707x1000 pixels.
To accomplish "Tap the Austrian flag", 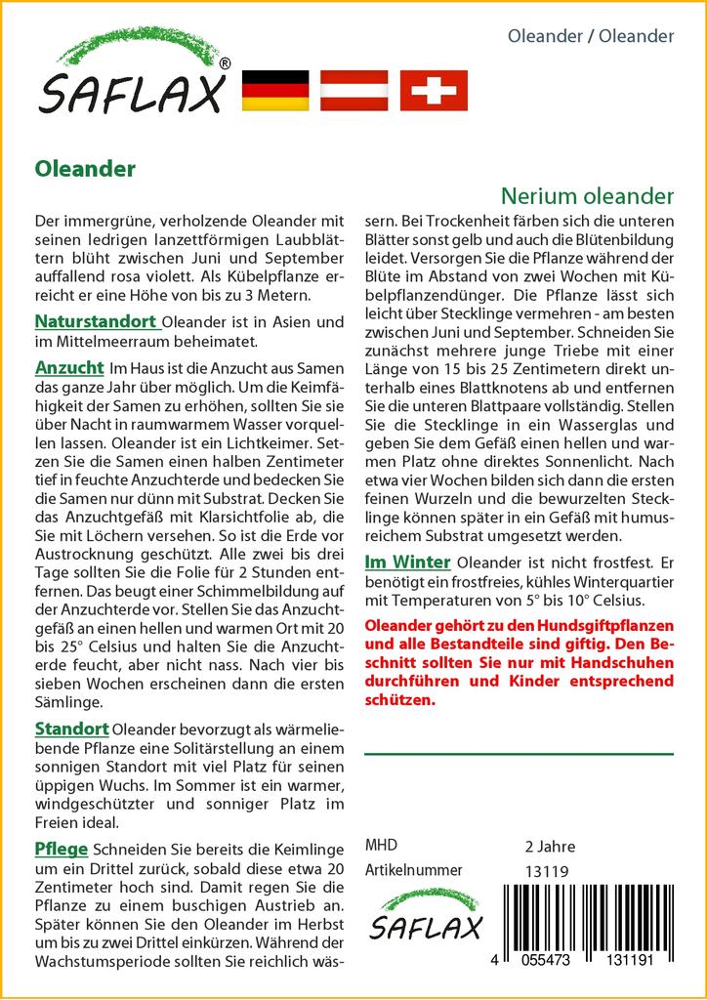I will (x=355, y=90).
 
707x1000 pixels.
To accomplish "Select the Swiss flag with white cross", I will (x=435, y=90).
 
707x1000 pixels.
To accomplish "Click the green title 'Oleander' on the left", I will (x=85, y=168).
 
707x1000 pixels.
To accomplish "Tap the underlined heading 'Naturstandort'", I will (x=96, y=320).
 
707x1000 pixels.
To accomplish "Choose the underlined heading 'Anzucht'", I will (x=69, y=367).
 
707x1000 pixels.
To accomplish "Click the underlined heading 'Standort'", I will (x=72, y=729).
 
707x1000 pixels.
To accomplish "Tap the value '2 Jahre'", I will (x=550, y=846).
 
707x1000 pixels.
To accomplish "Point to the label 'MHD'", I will (x=381, y=846).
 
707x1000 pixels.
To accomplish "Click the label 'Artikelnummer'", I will (x=413, y=870).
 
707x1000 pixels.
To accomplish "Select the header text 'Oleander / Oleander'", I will (x=591, y=36).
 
